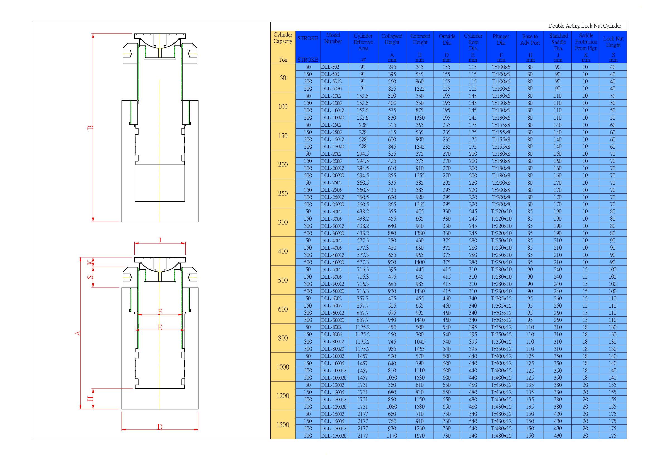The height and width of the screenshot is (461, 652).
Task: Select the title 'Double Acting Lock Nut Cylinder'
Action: click(x=585, y=26)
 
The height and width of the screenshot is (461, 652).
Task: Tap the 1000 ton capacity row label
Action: click(x=283, y=367)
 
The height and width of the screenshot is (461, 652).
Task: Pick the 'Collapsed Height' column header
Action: click(x=392, y=39)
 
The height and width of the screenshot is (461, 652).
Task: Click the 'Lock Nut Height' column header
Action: click(x=613, y=42)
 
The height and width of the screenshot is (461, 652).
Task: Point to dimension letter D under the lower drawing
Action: click(x=160, y=427)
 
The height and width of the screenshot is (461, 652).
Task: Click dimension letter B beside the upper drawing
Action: click(x=90, y=127)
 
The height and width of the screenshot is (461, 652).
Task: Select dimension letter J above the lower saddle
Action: click(x=160, y=240)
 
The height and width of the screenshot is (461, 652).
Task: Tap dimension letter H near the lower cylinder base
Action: click(x=90, y=399)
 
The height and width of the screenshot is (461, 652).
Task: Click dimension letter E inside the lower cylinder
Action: click(x=160, y=327)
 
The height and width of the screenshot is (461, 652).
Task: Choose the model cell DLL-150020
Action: click(x=334, y=436)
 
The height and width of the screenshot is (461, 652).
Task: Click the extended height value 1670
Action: click(x=420, y=436)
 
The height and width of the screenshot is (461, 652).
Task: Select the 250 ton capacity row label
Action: click(x=283, y=194)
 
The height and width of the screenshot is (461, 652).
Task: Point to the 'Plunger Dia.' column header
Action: click(x=501, y=40)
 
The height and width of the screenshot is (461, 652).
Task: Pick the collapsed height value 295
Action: click(x=392, y=67)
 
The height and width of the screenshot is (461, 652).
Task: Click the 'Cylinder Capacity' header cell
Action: click(x=283, y=38)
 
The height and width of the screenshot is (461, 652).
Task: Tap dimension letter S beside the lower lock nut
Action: click(x=90, y=277)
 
